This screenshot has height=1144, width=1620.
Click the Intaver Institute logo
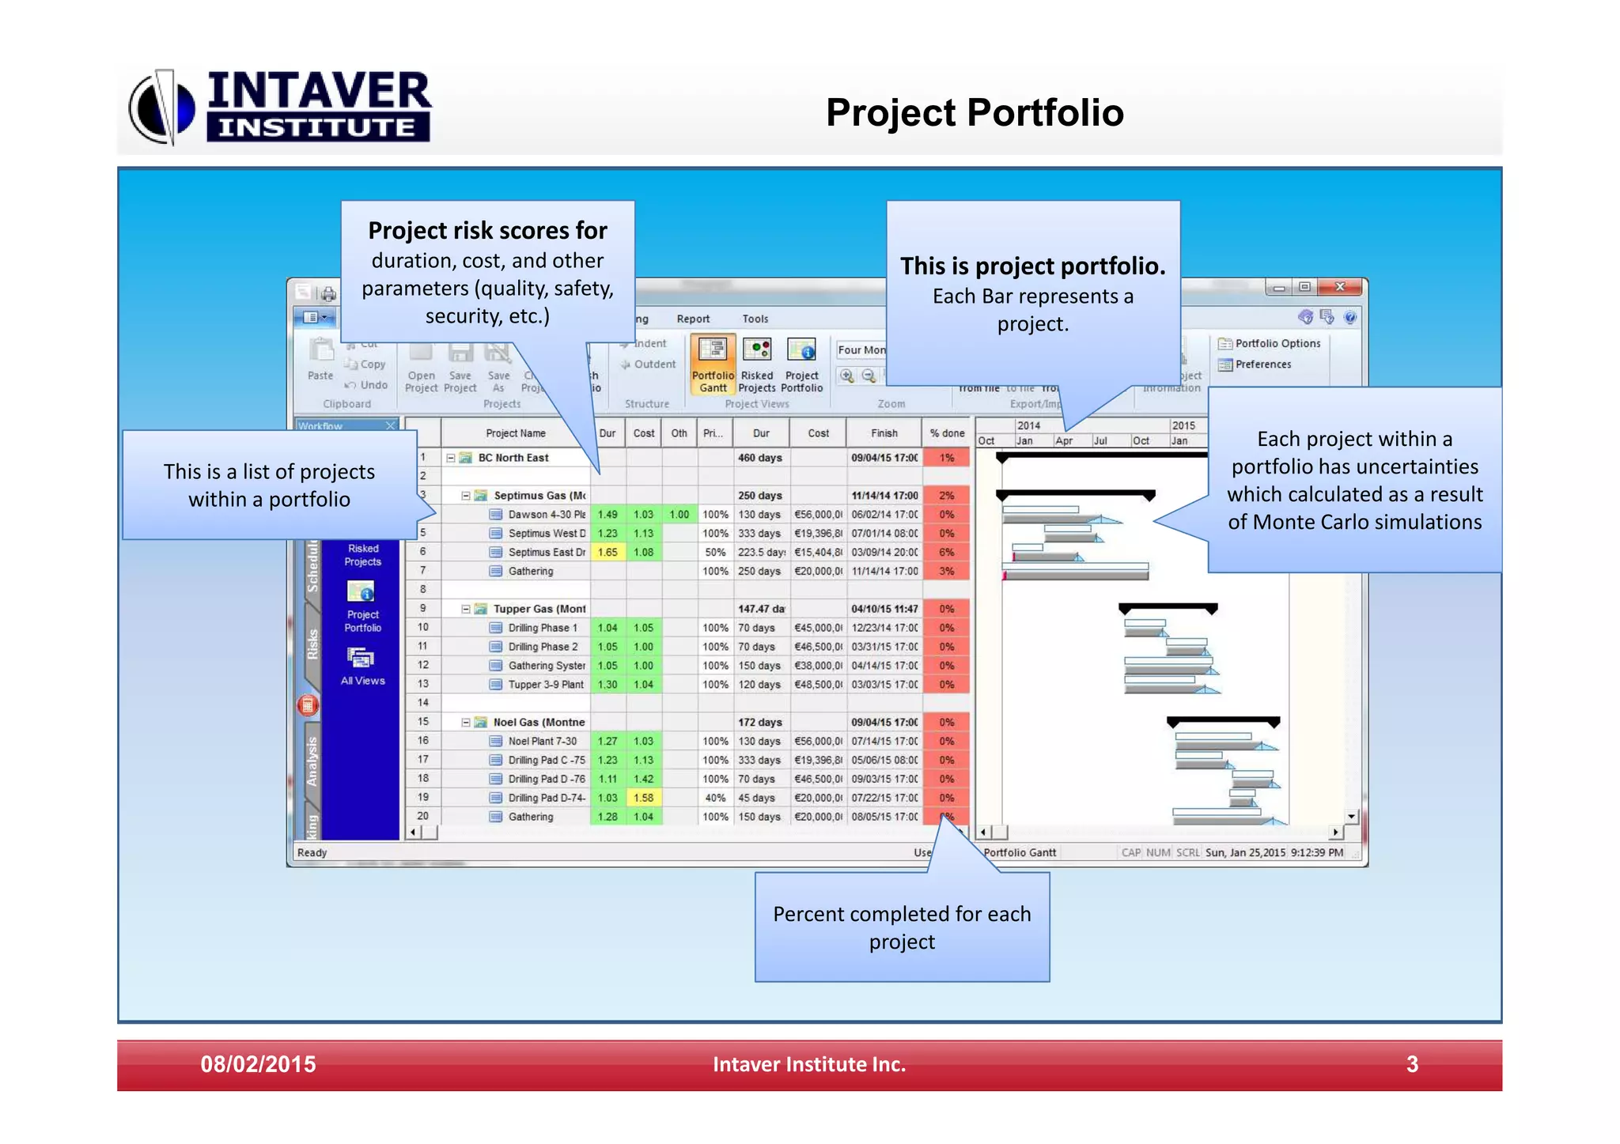(281, 108)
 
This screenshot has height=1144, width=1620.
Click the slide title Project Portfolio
(974, 112)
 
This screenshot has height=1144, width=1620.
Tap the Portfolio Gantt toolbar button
(713, 364)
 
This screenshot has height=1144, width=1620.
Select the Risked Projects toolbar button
(757, 364)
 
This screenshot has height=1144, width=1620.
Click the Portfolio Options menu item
(1270, 343)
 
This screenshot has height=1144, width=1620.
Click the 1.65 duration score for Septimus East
(607, 553)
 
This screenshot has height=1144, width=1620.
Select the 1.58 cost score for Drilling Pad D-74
(644, 798)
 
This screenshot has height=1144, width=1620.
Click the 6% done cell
(946, 553)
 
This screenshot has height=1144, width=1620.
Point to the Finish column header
(884, 433)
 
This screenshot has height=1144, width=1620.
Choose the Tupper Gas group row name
(539, 609)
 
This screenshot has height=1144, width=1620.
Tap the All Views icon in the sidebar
(362, 665)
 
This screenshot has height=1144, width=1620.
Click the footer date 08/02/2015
(258, 1064)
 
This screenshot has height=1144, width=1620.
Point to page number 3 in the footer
(1412, 1064)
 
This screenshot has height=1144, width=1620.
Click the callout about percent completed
(902, 927)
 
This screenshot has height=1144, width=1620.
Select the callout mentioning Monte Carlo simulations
(1353, 480)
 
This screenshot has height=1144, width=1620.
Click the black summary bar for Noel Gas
(1223, 721)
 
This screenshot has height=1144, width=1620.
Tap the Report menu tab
(693, 319)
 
